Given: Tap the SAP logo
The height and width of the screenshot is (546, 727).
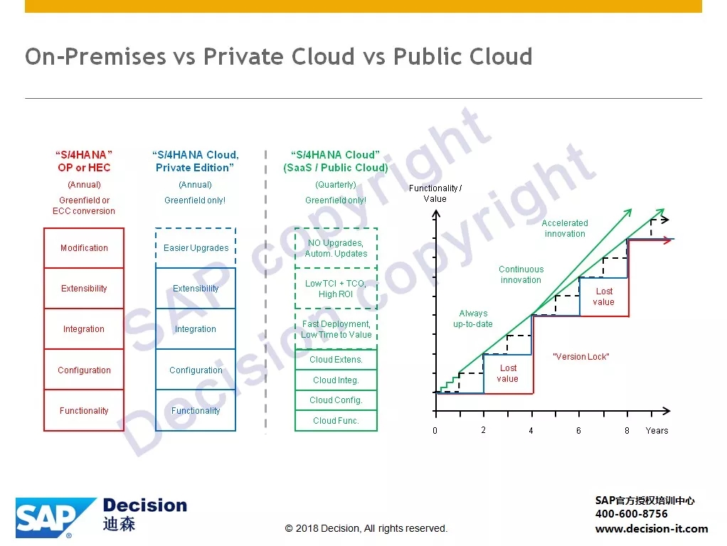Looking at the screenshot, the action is coord(55,518).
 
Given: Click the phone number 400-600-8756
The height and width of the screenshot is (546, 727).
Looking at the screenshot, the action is coord(632,514).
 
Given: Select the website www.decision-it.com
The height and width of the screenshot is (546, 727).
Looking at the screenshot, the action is coord(652,529).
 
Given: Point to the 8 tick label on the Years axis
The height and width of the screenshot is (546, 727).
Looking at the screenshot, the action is coord(627,431).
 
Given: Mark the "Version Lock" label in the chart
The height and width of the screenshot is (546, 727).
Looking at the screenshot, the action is coord(581,357).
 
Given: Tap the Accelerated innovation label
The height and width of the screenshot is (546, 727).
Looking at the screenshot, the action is coord(565,228).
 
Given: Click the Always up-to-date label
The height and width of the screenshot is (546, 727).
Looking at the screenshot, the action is coord(473,319).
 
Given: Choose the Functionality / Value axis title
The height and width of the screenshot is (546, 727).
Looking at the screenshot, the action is coord(435,193).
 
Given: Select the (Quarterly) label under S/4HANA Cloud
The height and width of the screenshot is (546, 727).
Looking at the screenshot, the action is coord(336,185).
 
